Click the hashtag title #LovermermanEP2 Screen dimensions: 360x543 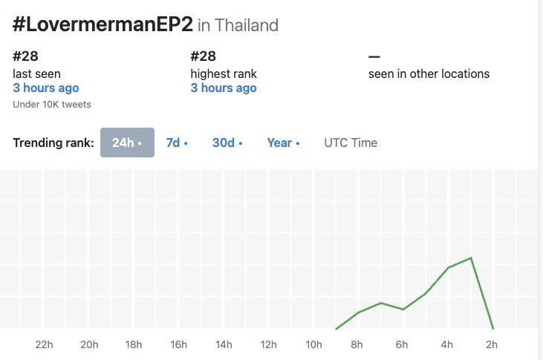click(x=103, y=24)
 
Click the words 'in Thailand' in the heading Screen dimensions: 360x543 click(x=238, y=25)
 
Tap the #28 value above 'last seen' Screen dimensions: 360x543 click(x=25, y=56)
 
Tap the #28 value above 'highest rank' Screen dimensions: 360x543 click(x=203, y=56)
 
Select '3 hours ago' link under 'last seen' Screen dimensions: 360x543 click(x=46, y=88)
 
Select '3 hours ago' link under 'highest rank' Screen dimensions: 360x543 click(x=224, y=88)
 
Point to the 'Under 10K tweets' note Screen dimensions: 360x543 click(x=52, y=105)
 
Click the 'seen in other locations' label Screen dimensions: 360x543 click(x=429, y=73)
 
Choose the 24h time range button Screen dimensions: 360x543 click(x=127, y=143)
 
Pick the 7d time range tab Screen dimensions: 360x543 click(x=176, y=143)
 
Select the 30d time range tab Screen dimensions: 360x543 click(x=227, y=143)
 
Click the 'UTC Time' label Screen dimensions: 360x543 click(x=351, y=143)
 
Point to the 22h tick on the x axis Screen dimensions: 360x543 click(x=44, y=344)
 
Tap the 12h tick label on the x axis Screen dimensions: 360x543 click(x=268, y=344)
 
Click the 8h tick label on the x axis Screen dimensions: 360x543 click(x=357, y=344)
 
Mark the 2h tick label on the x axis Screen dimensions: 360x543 click(x=492, y=344)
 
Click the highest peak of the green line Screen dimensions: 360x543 click(x=471, y=258)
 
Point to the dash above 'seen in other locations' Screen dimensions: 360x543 click(x=374, y=56)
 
